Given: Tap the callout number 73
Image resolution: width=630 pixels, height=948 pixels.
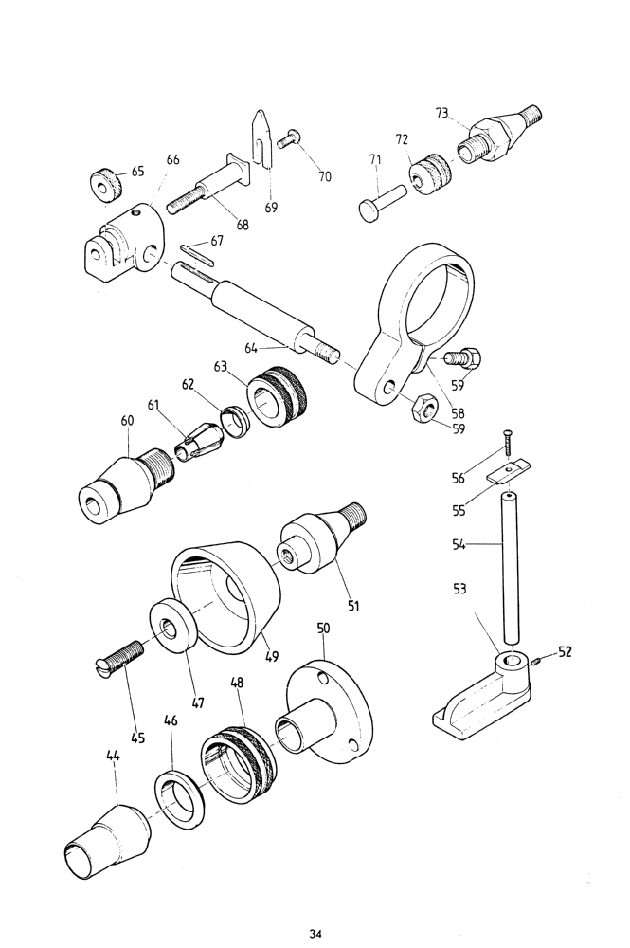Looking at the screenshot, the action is (442, 113).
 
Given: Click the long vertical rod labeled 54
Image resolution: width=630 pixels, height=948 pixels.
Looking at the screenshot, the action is (511, 568).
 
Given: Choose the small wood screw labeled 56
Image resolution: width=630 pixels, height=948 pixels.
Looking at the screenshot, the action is (506, 441).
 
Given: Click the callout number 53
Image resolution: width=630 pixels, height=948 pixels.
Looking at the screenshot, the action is (459, 589).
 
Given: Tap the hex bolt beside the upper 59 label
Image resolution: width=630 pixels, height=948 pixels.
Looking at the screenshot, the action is (464, 358).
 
